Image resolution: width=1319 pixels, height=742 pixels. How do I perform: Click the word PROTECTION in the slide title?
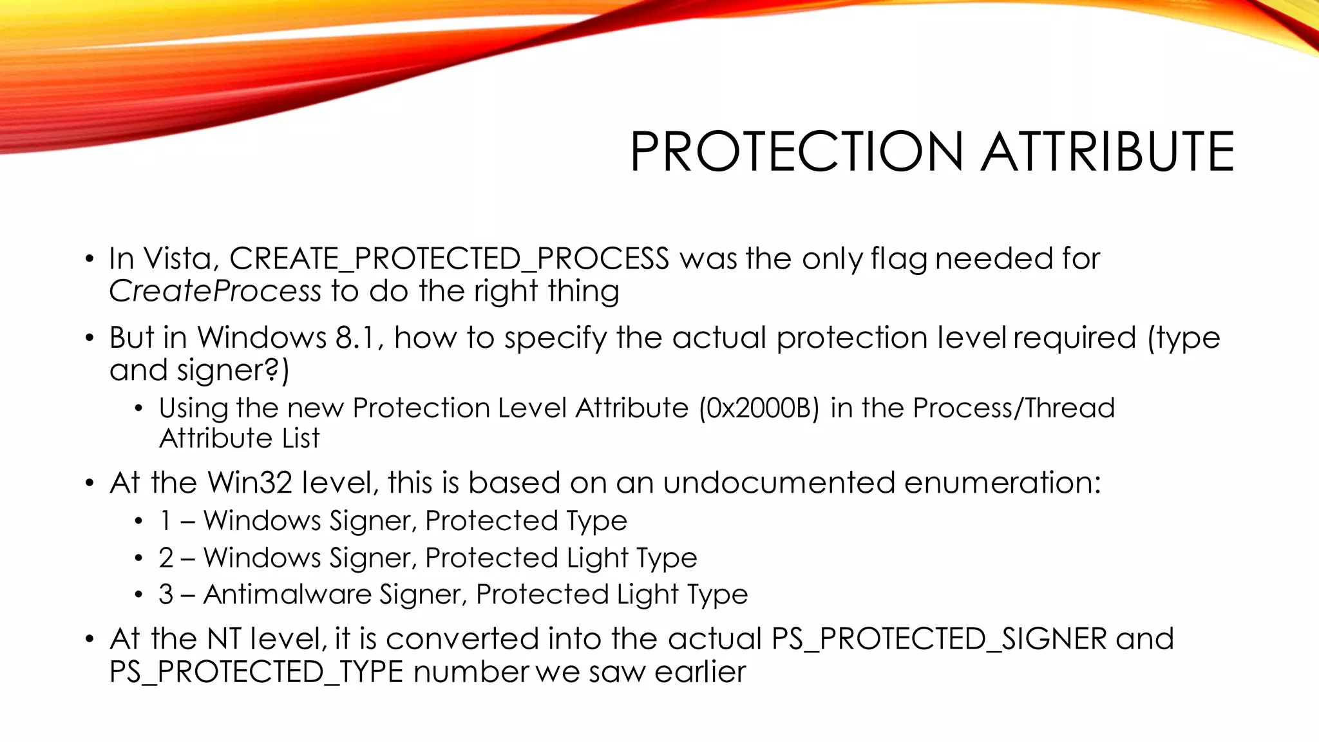tap(796, 152)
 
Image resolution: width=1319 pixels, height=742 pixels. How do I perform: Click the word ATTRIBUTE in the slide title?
tap(1107, 152)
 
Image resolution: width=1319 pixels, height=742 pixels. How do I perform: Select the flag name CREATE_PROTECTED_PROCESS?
tap(449, 259)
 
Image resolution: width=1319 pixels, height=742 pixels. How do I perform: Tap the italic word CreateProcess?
tap(214, 291)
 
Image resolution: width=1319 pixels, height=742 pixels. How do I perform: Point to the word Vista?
tap(181, 259)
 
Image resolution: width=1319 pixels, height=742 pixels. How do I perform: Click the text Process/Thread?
tap(1014, 408)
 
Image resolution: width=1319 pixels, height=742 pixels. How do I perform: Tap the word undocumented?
tap(779, 483)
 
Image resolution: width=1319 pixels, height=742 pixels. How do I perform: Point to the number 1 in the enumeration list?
tap(166, 521)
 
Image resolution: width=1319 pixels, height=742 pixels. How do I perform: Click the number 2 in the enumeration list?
tap(166, 558)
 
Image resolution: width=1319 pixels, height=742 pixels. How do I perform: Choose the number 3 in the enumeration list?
tap(166, 595)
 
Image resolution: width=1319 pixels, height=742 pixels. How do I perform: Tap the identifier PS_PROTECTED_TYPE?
tap(256, 672)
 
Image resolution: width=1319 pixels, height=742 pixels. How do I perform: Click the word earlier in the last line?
tap(700, 672)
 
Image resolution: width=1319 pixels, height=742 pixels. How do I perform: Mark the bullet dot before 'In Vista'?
tap(90, 260)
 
